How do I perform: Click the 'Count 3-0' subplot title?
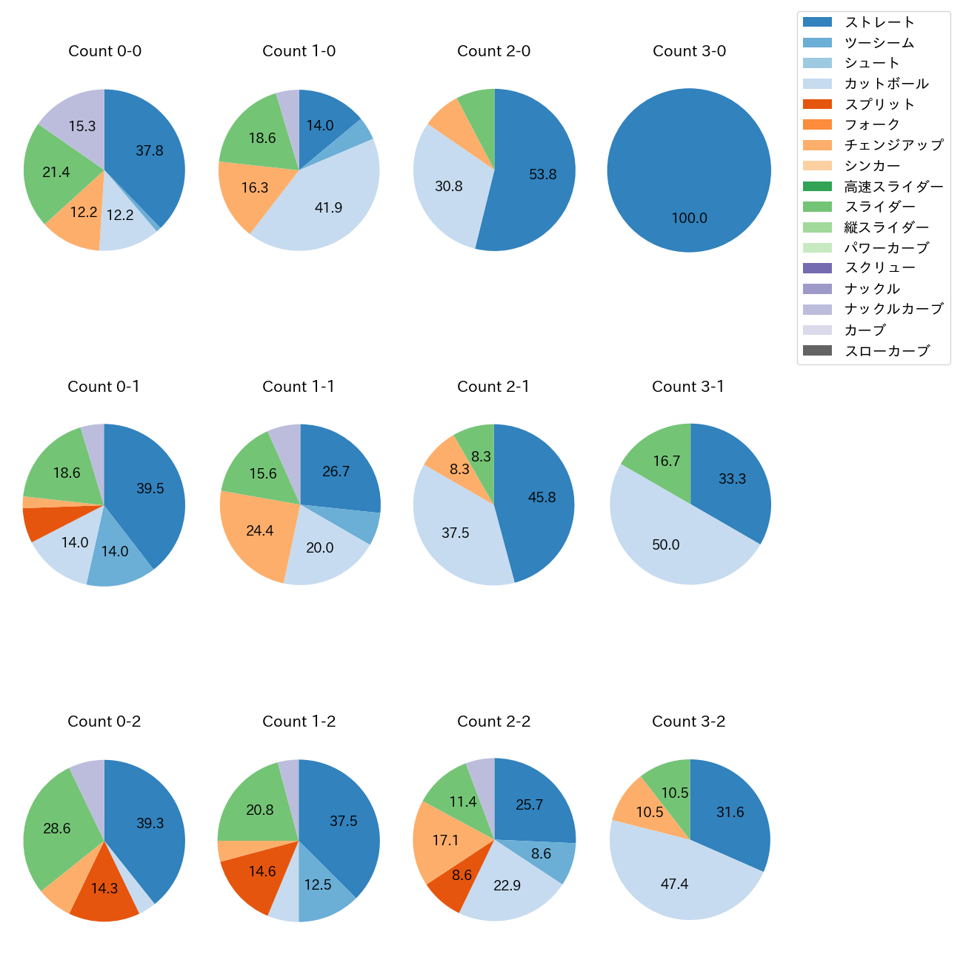coord(689,51)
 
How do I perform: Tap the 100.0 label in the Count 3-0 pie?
coord(689,219)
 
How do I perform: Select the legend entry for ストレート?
coord(879,22)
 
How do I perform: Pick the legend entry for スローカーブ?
coord(887,351)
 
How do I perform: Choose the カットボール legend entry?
coord(886,84)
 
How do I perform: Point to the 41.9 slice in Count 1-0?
coord(328,208)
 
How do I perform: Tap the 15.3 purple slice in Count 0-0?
coord(82,127)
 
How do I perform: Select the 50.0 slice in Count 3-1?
coord(666,545)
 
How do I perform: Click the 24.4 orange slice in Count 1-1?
coord(260,531)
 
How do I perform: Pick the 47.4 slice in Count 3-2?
coord(675,884)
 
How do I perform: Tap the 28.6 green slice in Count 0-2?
coord(57,829)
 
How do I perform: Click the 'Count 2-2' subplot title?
coord(494,722)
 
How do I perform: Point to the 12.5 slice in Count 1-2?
coord(318,885)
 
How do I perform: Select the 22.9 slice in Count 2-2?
coord(507,886)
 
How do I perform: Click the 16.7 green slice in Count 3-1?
coord(667,461)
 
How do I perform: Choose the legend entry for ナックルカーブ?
coord(893,310)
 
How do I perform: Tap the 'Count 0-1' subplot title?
coord(104,387)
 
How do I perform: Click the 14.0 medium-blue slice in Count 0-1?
coord(115,552)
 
